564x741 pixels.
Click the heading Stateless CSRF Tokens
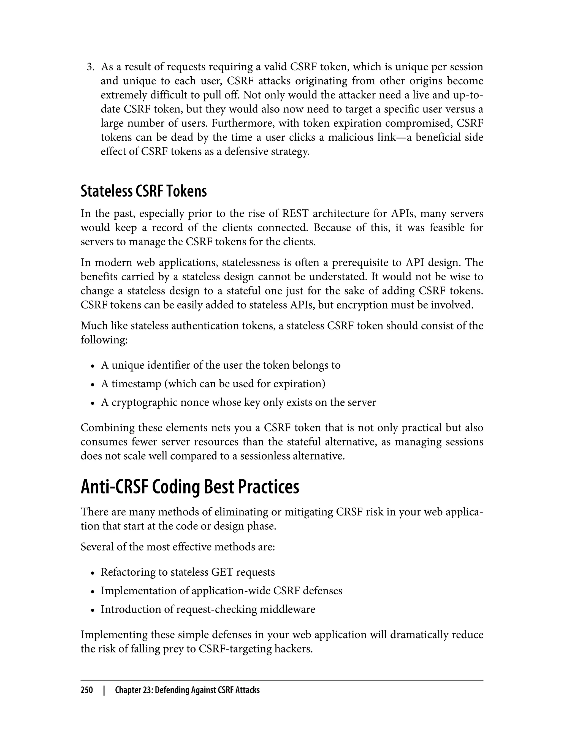point(143,192)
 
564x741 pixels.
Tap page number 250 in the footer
point(87,690)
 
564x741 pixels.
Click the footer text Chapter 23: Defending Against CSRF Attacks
point(187,690)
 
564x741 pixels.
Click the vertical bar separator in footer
point(104,690)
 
